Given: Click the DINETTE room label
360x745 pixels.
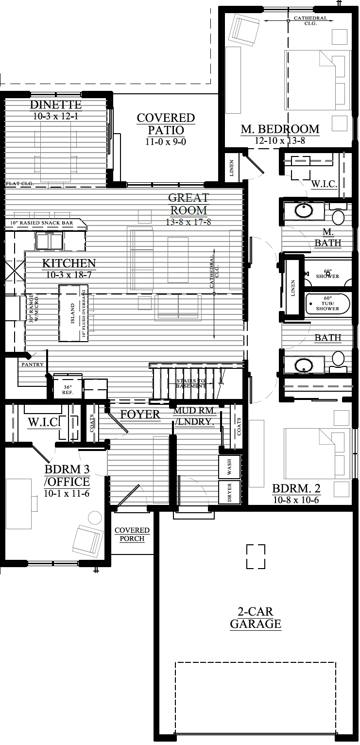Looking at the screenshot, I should pos(55,105).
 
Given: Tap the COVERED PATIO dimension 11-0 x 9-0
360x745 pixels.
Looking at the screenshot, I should pos(166,142).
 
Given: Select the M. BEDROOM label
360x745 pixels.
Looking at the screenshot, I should pos(280,129).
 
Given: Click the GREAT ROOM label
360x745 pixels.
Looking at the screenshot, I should pos(189,204).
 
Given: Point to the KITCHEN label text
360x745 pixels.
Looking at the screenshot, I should pos(69,264).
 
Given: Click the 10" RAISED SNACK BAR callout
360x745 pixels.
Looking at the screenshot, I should pos(45,223).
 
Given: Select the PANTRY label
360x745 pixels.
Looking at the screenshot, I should pos(33,364).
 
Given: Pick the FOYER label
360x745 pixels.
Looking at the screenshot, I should pos(140,415).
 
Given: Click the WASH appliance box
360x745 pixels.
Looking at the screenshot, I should pos(230,467).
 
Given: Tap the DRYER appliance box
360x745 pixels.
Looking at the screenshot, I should pos(230,492).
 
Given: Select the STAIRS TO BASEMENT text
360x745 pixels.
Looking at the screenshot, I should pos(190,383).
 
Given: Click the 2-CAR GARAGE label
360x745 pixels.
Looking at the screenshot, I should pos(256,618).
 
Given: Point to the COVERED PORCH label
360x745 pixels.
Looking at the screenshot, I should pos(132,535).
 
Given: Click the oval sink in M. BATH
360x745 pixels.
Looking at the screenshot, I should pos(304,211).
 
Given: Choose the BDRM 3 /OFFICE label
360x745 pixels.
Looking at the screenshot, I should pos(67,476).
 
